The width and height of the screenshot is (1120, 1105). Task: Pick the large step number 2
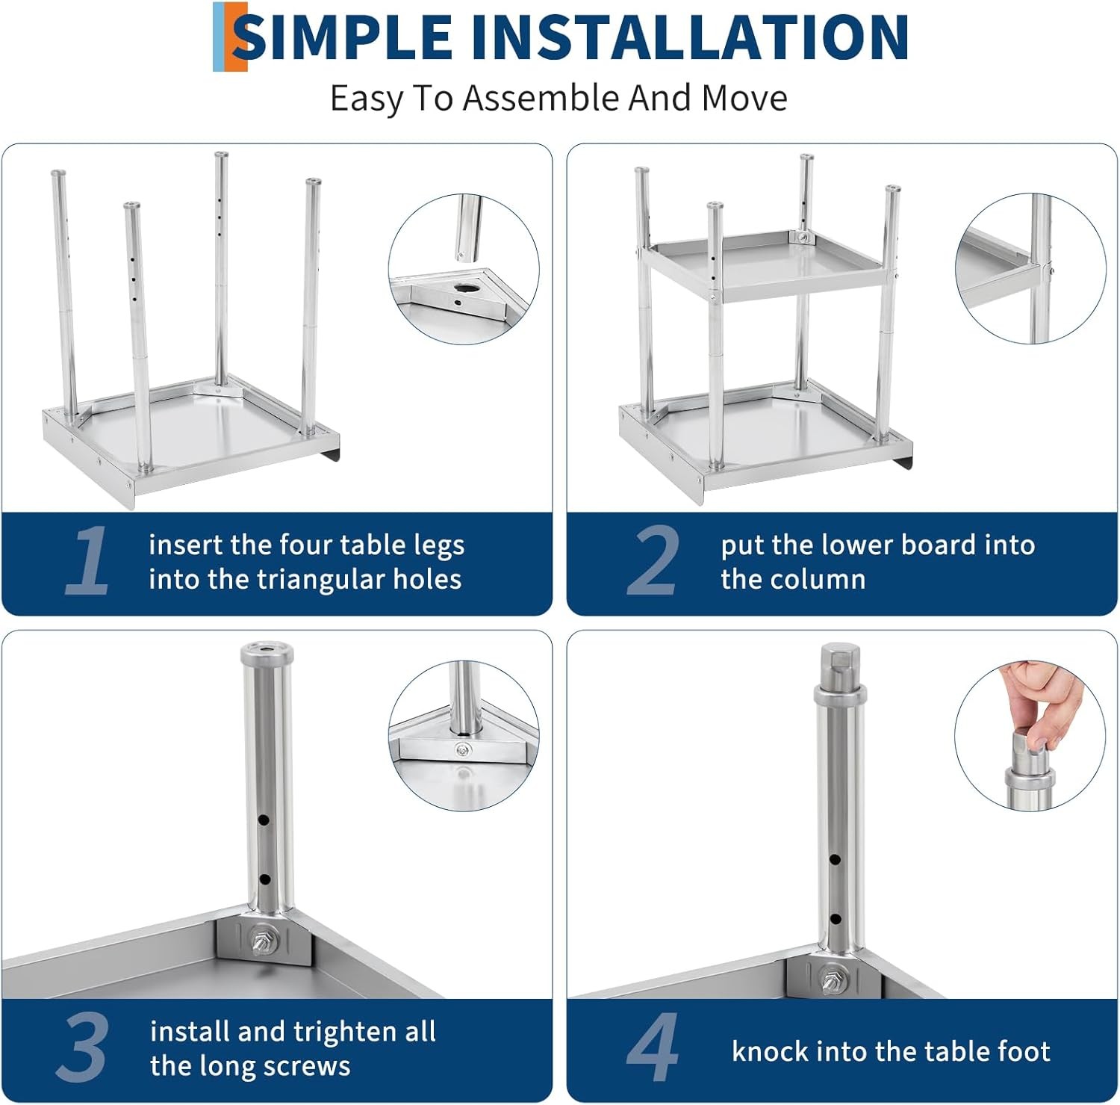653,560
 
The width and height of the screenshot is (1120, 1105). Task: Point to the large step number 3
82,1047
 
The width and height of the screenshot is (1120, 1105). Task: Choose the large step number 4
653,1047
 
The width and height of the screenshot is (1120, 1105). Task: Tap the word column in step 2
819,580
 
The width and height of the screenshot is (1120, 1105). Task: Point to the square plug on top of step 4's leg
838,662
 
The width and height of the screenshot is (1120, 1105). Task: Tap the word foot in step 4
1023,1051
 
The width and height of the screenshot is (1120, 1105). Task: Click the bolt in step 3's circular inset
463,749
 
